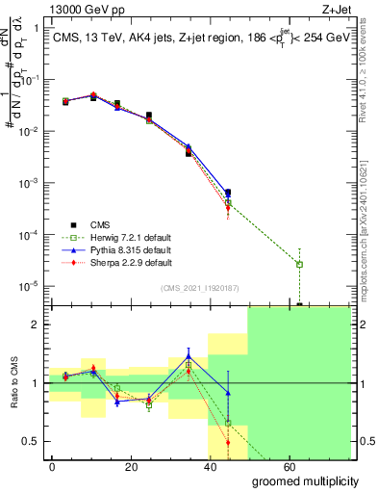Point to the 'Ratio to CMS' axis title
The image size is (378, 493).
[x=13, y=383]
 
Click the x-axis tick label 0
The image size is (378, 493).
[x=52, y=465]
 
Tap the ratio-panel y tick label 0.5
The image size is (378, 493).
[x=31, y=442]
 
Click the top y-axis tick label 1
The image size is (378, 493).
[x=35, y=28]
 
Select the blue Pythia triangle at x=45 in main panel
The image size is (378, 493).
[x=228, y=193]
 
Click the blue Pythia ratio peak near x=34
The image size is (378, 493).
[x=189, y=356]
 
